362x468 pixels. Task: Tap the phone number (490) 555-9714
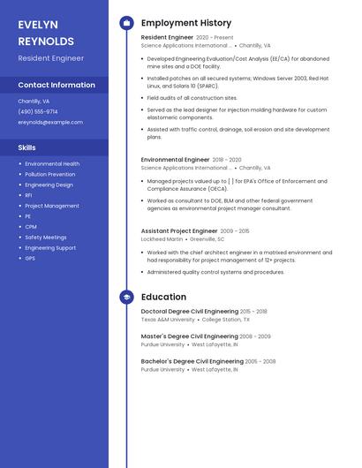tap(38, 112)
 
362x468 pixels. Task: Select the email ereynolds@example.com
tap(50, 123)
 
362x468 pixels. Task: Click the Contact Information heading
tap(57, 86)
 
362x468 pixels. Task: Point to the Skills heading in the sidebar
tap(27, 147)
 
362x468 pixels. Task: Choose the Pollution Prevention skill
tap(50, 175)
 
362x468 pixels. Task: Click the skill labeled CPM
tap(31, 227)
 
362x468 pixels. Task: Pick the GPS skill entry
tap(30, 259)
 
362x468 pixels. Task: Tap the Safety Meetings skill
tap(46, 238)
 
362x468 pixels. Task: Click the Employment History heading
tap(186, 23)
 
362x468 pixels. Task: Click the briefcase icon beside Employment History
tap(126, 23)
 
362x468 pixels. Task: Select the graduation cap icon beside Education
tap(126, 298)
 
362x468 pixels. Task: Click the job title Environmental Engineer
tap(176, 160)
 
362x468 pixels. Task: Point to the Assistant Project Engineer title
tap(179, 231)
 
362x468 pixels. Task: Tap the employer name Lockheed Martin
tap(162, 239)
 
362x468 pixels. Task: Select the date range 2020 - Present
tap(215, 38)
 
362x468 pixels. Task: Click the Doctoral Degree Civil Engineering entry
tap(190, 312)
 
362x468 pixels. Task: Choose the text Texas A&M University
tap(168, 320)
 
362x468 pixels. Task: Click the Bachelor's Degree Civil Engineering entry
tap(192, 361)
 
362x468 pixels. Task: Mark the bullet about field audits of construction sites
tap(192, 98)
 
